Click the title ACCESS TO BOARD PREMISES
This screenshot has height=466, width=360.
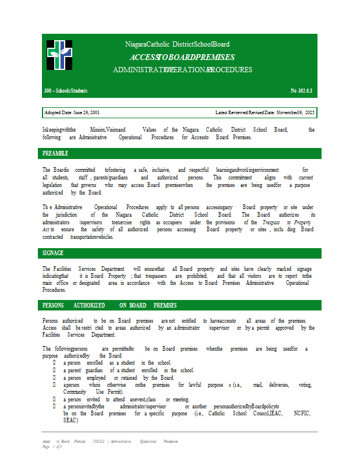coord(182,57)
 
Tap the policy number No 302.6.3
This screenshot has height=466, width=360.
coord(301,91)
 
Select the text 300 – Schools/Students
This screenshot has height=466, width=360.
coord(65,91)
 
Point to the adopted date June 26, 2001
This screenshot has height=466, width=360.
coord(72,112)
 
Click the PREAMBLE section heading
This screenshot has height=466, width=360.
coord(55,153)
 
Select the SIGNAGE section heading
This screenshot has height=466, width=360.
coord(53,253)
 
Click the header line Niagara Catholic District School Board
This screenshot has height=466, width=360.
coord(177,44)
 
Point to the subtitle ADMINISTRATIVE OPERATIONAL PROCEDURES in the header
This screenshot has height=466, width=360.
coord(182,70)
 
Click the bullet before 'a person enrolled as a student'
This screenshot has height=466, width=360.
coord(55,363)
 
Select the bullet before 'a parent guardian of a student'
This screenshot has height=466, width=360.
coord(55,370)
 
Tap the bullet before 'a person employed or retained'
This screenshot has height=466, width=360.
coord(55,378)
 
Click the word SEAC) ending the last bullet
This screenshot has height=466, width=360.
coord(70,420)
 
